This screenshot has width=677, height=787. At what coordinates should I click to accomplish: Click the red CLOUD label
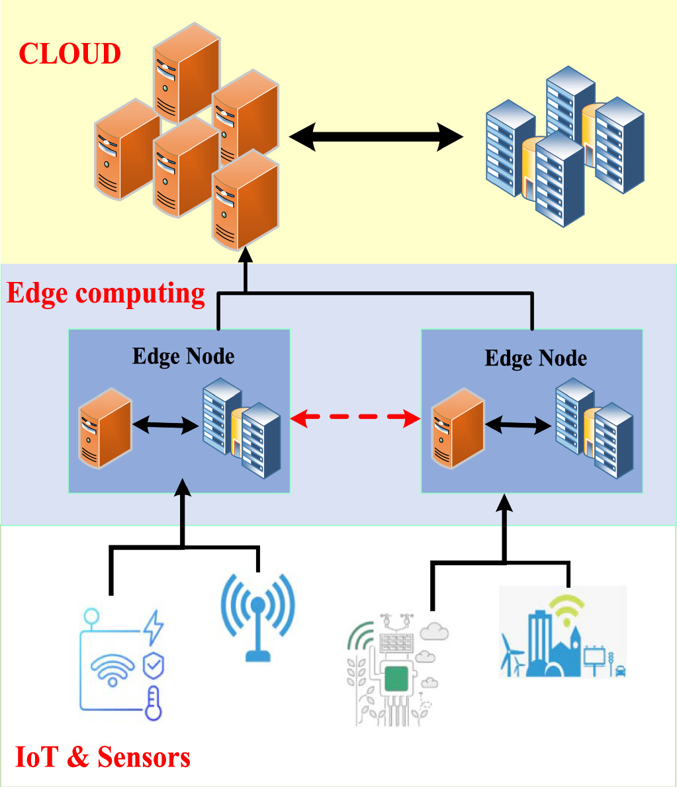[69, 54]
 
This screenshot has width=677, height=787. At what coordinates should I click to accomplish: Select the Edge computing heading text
[106, 293]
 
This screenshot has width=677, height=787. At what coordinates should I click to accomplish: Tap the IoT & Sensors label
[103, 757]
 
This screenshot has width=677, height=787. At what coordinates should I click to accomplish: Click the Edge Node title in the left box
[183, 356]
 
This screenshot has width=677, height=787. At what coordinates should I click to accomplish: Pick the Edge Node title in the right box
[535, 358]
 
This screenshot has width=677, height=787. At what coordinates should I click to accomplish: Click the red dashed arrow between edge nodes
[355, 418]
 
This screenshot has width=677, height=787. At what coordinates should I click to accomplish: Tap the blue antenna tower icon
[257, 616]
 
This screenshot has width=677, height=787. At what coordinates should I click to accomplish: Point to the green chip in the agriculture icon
[396, 678]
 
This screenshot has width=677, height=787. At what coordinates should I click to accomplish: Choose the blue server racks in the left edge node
[242, 427]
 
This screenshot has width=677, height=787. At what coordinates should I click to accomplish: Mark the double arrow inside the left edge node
[165, 426]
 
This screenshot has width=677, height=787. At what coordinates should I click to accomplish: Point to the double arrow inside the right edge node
[518, 426]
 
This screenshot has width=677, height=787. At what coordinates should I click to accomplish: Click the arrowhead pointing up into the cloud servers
[246, 254]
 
